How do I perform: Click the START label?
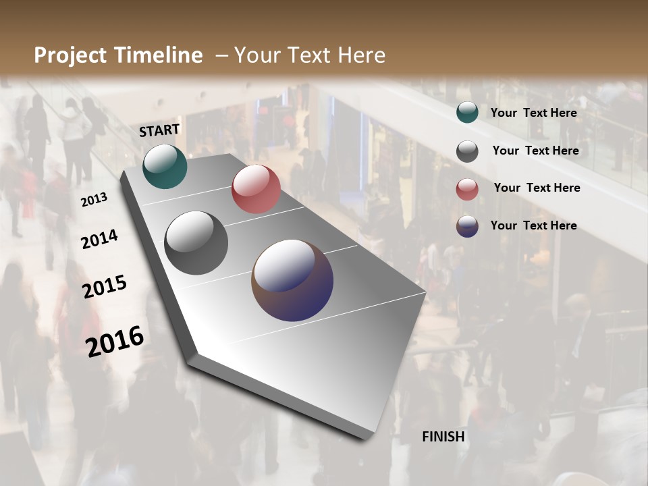click(159, 130)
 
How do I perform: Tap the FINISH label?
click(443, 437)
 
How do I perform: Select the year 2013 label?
click(94, 200)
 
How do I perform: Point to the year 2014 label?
click(99, 239)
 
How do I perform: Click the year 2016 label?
click(115, 341)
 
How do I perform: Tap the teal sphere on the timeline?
click(165, 167)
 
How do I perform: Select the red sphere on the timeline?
click(256, 189)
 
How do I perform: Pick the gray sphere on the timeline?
click(196, 243)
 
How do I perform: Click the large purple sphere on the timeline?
click(292, 280)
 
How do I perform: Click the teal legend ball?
click(467, 113)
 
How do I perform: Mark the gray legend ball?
click(467, 151)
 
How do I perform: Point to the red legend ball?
click(467, 189)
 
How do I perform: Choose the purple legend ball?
click(467, 226)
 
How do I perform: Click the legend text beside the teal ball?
click(534, 113)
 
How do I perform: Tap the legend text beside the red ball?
click(537, 188)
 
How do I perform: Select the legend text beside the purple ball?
click(534, 225)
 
